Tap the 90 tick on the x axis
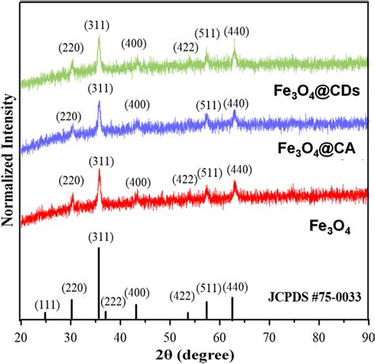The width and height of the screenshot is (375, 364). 367,334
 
